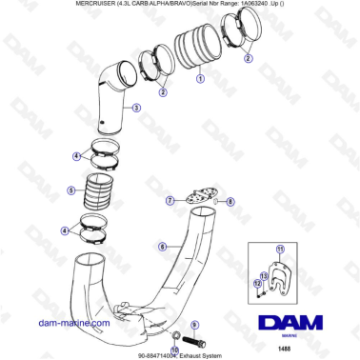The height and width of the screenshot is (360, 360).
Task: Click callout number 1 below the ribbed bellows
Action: tap(200, 80)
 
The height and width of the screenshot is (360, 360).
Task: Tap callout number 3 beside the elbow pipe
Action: tap(137, 109)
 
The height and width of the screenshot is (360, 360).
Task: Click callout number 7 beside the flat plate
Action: tap(169, 201)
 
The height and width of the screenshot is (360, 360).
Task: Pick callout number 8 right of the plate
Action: tap(230, 202)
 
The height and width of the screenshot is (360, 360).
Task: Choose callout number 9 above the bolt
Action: tap(194, 326)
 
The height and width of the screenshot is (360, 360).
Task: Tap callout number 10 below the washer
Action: tap(175, 350)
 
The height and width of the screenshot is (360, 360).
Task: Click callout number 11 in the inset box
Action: tap(280, 250)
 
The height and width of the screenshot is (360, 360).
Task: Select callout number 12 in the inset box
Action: tap(257, 282)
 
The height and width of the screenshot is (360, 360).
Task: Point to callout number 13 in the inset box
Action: tap(264, 275)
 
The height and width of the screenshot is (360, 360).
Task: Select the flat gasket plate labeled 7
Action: tap(198, 200)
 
